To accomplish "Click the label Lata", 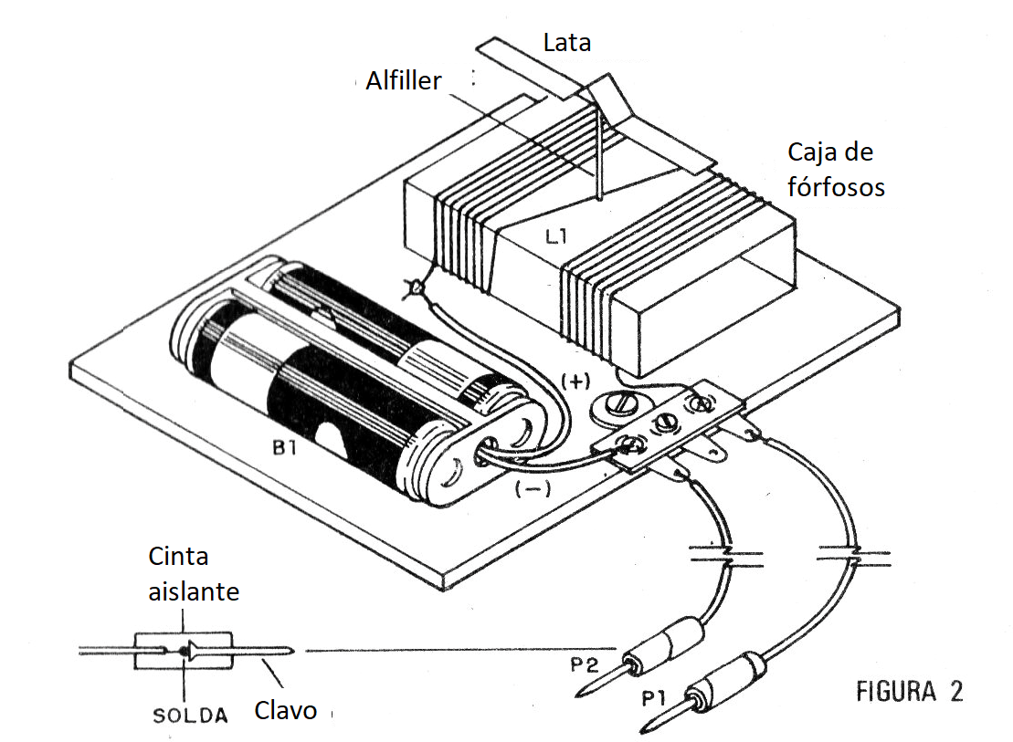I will pyautogui.click(x=566, y=42).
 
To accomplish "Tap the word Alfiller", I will pyautogui.click(x=404, y=81).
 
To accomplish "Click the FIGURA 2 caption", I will pyautogui.click(x=908, y=691).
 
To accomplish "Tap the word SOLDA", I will pyautogui.click(x=189, y=715).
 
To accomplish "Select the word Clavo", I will pyautogui.click(x=286, y=709).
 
